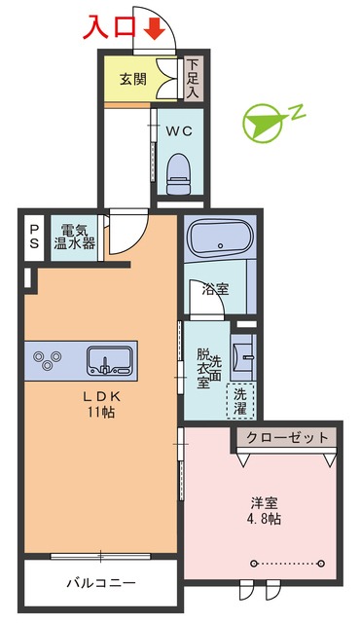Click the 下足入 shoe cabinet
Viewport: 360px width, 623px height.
(x=193, y=77)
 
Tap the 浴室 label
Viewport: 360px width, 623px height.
(x=215, y=289)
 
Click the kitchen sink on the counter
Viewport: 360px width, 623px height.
(x=110, y=359)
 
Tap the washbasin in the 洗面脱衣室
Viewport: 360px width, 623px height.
(x=243, y=356)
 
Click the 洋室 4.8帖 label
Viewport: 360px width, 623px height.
(x=266, y=511)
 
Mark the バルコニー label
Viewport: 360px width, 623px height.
(x=100, y=583)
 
